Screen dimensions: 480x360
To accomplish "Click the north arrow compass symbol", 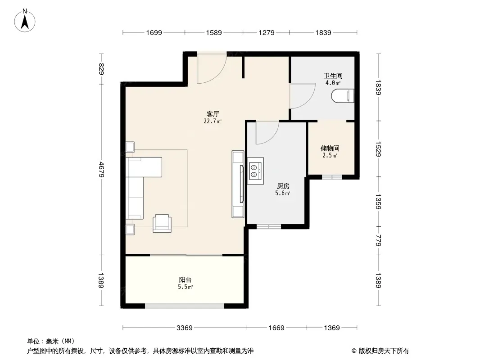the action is coord(25,21).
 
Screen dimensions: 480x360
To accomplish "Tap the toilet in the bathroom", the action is coord(343,96).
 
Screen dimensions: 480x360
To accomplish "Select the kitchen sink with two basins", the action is coord(255,171).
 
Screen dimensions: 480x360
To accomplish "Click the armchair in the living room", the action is coord(162,223).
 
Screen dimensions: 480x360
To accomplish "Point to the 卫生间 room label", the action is coord(333,76).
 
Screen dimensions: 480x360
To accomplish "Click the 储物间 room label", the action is coord(330,148).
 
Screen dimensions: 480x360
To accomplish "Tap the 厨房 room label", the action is coord(283,186).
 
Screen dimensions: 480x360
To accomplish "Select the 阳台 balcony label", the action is coord(185,279).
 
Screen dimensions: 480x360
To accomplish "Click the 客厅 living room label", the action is coord(213,114).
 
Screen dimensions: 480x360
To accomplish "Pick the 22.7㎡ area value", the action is coord(213,121).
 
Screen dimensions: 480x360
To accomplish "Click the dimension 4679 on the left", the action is coord(101,170).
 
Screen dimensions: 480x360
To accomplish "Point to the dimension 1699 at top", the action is coord(154,32).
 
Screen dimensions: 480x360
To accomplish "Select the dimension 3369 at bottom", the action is coord(184,328).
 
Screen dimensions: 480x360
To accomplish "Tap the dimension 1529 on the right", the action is coord(378,149).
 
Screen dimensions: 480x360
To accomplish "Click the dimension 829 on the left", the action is coord(101,69).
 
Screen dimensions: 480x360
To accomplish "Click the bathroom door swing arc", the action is coord(309,101).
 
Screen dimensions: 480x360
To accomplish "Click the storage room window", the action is coord(332,177).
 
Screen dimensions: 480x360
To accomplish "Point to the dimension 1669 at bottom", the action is coord(276,328).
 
